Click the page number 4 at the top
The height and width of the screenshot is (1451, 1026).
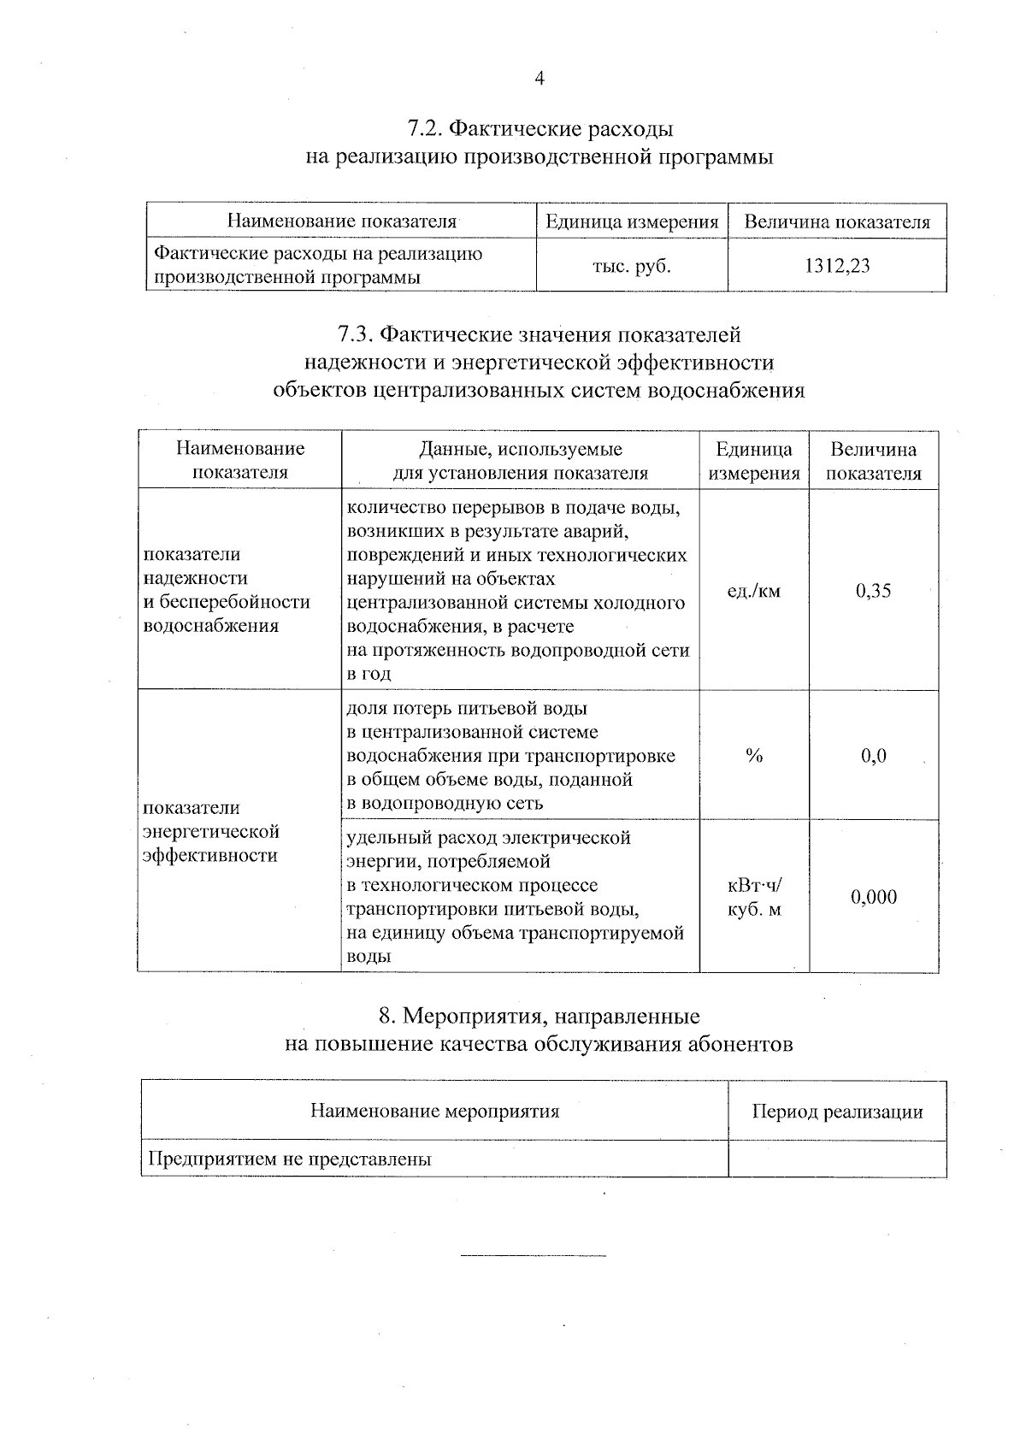point(539,79)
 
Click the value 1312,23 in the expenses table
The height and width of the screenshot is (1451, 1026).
point(836,266)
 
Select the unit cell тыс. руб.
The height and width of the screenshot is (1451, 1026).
point(631,266)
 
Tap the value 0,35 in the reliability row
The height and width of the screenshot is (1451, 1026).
point(873,590)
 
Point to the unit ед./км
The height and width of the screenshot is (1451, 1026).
point(753,590)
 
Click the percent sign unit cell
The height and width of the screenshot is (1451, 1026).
point(753,756)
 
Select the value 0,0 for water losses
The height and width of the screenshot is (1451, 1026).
point(873,756)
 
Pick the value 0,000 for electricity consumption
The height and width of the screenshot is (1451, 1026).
point(873,897)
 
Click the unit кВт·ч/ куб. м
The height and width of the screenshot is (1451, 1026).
point(753,898)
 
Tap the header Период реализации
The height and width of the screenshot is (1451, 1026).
point(836,1112)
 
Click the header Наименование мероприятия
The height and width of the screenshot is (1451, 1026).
point(434,1112)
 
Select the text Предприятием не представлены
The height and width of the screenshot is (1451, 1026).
point(290,1159)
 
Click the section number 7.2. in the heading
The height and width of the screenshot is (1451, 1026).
point(424,129)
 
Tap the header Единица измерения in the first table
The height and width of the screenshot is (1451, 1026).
point(631,222)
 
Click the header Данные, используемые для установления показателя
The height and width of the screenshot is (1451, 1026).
point(520,461)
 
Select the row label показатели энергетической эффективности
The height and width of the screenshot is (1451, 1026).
point(211,831)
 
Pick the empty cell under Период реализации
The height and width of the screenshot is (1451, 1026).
point(836,1159)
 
